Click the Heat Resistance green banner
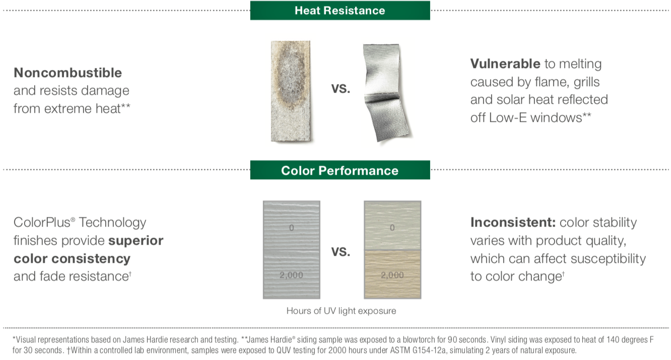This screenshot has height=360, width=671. pos(340,10)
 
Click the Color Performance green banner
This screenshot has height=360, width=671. pos(340,170)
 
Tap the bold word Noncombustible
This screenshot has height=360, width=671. pos(68,73)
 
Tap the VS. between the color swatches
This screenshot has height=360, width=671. pos(341,252)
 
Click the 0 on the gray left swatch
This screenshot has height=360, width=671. pos(291,228)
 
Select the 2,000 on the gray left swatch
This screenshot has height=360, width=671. pos(291,275)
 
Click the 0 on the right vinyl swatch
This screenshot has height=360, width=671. pos(392,228)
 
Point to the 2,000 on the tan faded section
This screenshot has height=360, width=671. pos(392,275)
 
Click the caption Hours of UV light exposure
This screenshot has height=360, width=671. pos(341,311)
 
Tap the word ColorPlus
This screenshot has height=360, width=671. pos(41,223)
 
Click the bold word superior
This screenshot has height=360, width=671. pos(136,241)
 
